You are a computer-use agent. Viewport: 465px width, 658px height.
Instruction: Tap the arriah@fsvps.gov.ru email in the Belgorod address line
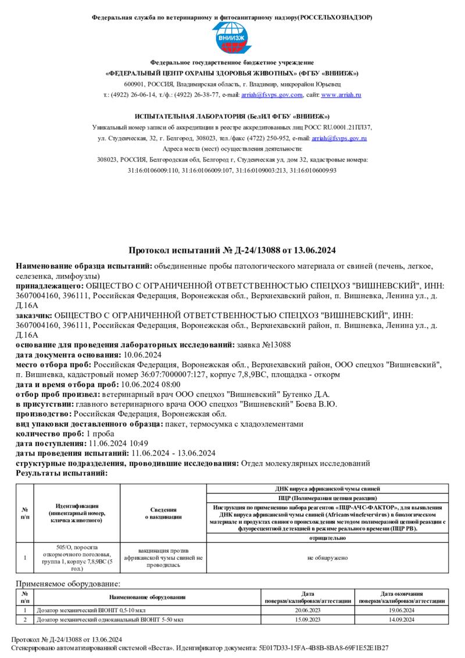[x=339, y=138]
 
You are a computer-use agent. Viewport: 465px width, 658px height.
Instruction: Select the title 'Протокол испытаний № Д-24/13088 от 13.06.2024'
[x=232, y=251]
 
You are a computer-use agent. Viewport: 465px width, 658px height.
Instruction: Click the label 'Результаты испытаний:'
[x=62, y=473]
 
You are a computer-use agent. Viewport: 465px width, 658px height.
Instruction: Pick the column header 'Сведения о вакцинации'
[x=163, y=513]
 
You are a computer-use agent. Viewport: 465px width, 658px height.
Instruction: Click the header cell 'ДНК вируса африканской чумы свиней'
[x=327, y=489]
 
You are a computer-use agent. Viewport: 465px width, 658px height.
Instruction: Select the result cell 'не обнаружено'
[x=327, y=558]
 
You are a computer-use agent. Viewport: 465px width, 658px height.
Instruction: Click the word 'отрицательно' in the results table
[x=327, y=538]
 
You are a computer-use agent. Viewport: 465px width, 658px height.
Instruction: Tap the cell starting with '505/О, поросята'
[x=77, y=558]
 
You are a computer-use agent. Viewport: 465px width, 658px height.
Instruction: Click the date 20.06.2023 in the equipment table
[x=307, y=610]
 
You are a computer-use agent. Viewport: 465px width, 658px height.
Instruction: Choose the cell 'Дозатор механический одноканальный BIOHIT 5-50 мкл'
[x=110, y=620]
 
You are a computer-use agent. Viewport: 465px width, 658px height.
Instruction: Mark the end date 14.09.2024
[x=401, y=620]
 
